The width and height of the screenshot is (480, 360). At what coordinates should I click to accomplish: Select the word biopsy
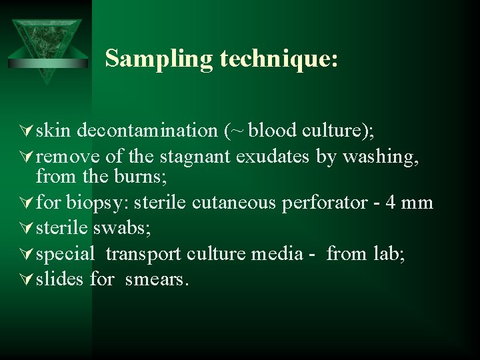(x=97, y=202)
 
